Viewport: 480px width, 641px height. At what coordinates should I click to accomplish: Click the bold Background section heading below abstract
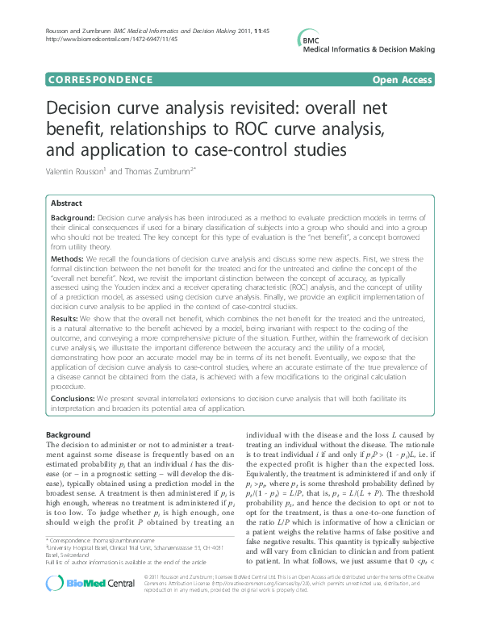tap(69, 435)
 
